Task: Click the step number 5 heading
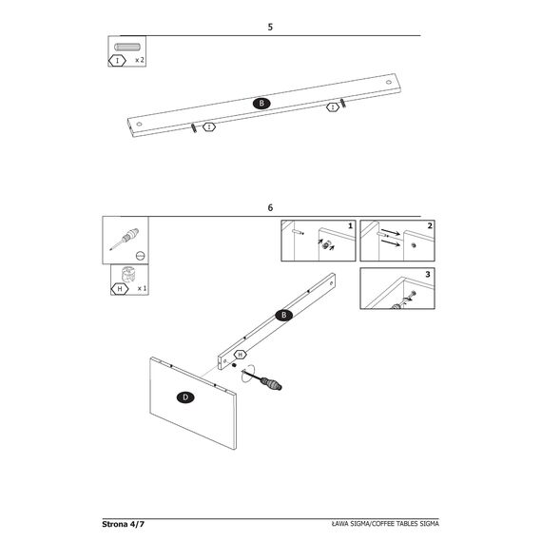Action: pyautogui.click(x=270, y=27)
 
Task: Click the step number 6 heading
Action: pyautogui.click(x=270, y=207)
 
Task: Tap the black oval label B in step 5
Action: pyautogui.click(x=261, y=103)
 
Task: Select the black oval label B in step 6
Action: pyautogui.click(x=283, y=315)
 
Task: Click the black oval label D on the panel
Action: pyautogui.click(x=185, y=397)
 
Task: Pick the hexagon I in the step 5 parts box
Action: pyautogui.click(x=118, y=61)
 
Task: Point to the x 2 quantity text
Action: pyautogui.click(x=139, y=60)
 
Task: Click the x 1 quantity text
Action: pyautogui.click(x=142, y=288)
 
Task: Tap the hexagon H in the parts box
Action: pyautogui.click(x=120, y=289)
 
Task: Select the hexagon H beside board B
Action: pyautogui.click(x=240, y=355)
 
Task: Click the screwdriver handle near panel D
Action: pyautogui.click(x=271, y=383)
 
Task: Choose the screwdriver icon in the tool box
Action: pyautogui.click(x=125, y=238)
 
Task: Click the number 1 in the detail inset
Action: pyautogui.click(x=350, y=225)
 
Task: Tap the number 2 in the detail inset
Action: pyautogui.click(x=430, y=225)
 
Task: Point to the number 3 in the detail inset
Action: pyautogui.click(x=428, y=274)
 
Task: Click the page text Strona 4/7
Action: pyautogui.click(x=123, y=524)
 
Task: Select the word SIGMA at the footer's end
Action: pyautogui.click(x=429, y=524)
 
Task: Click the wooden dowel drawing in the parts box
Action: pyautogui.click(x=127, y=47)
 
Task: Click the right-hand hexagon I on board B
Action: pyautogui.click(x=333, y=107)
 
